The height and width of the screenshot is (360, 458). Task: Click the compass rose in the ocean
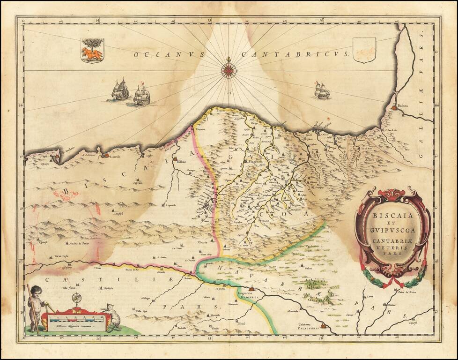[x=229, y=70]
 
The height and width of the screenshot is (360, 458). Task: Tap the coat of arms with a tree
[x=92, y=50]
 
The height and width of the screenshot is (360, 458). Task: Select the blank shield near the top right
[x=364, y=51]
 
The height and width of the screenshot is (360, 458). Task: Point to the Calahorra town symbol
[x=323, y=325]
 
